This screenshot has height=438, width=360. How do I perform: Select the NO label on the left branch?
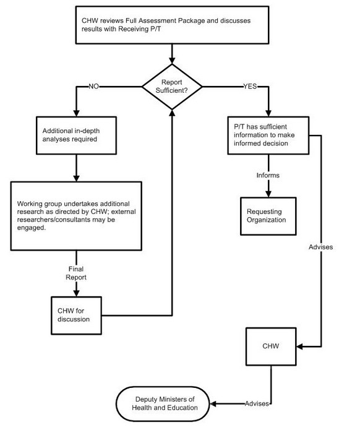pos(95,86)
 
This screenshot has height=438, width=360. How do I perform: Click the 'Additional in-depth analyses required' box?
pos(75,135)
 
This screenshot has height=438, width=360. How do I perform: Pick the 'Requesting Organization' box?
pos(268,215)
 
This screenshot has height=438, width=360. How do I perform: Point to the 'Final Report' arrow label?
pos(76,273)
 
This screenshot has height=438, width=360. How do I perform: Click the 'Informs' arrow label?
pos(268,175)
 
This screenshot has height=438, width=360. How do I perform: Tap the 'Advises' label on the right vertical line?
pos(320,247)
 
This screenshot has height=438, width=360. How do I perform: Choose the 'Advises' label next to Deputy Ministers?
pos(256,403)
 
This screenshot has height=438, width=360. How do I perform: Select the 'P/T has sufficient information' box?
pos(268,135)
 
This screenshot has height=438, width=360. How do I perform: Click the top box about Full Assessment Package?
pos(171,25)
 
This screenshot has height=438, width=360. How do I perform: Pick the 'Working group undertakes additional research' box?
pos(75,215)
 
